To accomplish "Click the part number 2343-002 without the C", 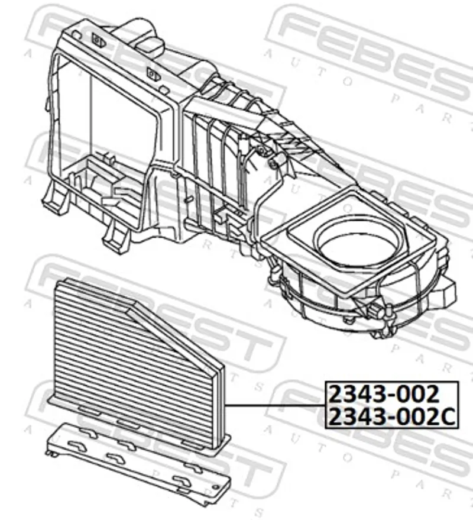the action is pyautogui.click(x=384, y=393).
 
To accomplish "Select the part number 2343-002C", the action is pyautogui.click(x=392, y=416).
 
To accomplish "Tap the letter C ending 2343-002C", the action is pyautogui.click(x=448, y=417).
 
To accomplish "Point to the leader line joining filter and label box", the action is pyautogui.click(x=275, y=405).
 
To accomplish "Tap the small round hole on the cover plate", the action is pyautogui.click(x=216, y=487).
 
